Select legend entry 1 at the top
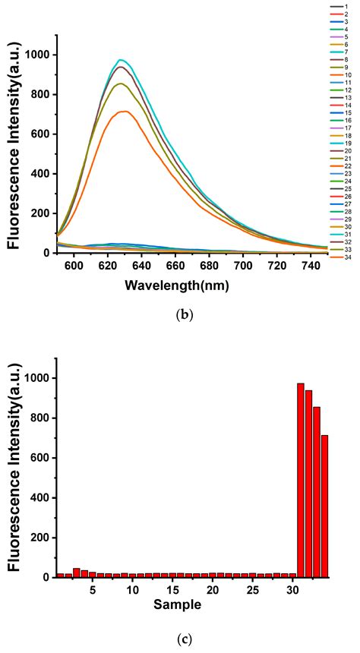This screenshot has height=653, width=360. [328, 7]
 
